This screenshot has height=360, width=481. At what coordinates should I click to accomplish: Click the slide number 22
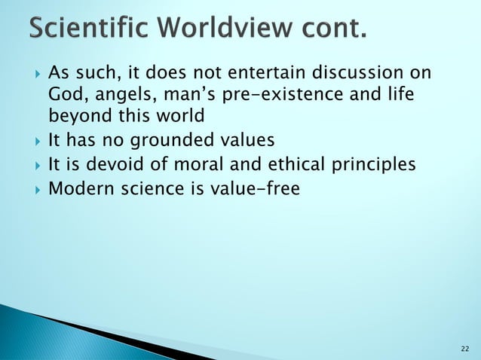[x=464, y=348]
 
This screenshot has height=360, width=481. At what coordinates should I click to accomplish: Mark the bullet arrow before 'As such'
[x=35, y=75]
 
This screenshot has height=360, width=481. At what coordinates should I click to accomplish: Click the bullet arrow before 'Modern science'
[x=35, y=188]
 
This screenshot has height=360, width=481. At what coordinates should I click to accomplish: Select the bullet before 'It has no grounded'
[x=35, y=141]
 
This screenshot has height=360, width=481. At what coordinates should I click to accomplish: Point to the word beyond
[x=78, y=117]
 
